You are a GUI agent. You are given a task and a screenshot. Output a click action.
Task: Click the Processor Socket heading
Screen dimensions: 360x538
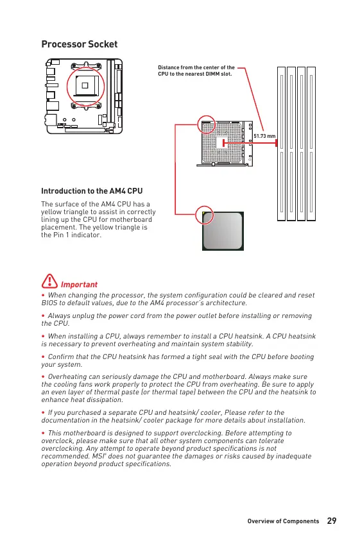pos(80,44)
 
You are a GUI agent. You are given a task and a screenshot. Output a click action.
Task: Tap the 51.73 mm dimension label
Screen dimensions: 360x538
pos(264,136)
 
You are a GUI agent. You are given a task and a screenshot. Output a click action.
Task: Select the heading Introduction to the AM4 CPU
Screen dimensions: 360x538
pos(92,191)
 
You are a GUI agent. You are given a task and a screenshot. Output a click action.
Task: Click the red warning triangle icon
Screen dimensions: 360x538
pos(49,281)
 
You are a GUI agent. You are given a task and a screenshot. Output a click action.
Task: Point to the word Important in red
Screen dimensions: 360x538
pos(79,285)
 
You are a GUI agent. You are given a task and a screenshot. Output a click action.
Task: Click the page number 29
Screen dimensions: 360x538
pos(332,521)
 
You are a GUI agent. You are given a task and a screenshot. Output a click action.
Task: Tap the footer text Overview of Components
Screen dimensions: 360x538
pos(283,521)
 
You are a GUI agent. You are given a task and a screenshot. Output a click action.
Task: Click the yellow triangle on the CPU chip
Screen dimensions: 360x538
pos(204,214)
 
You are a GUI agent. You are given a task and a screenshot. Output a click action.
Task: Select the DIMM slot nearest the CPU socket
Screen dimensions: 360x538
pos(281,144)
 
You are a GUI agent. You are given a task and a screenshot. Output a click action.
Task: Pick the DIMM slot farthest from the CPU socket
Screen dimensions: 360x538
pos(311,144)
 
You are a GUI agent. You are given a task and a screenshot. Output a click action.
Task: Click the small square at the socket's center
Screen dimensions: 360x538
pos(221,142)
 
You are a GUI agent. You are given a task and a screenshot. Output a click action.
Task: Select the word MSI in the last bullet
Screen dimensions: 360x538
pos(98,457)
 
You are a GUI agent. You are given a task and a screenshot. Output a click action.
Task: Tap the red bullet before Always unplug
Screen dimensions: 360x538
pos(43,315)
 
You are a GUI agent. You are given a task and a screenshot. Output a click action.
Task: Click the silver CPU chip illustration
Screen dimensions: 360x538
pos(223,231)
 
